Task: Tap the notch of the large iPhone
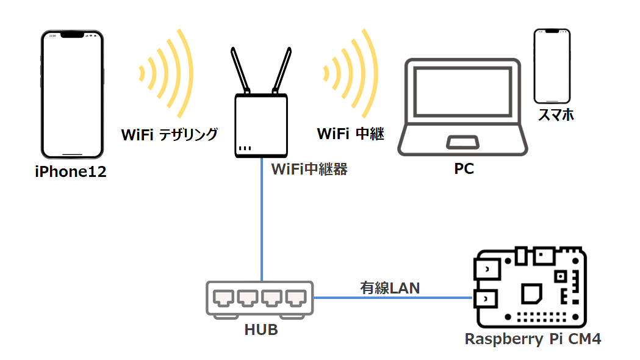coord(72,35)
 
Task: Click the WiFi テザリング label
coord(170,135)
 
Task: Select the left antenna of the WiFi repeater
coord(240,71)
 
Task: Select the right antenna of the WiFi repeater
coord(282,71)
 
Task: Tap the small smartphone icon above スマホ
coord(552,65)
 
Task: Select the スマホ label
coord(555,115)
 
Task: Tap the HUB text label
coord(261,330)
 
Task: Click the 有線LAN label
coord(390,287)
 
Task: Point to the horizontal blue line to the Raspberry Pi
coord(390,298)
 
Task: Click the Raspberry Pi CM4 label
coord(533,339)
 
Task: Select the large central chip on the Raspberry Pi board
coord(533,293)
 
